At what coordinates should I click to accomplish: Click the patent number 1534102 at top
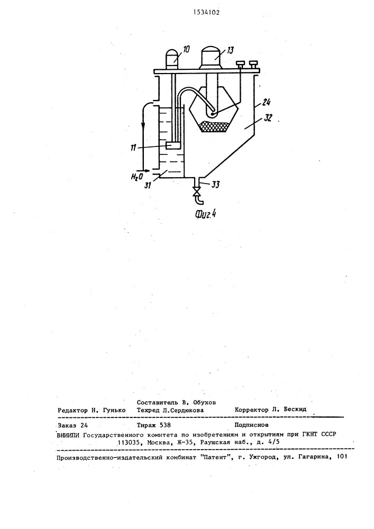206,13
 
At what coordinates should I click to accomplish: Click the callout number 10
186,49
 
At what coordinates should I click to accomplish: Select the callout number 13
230,50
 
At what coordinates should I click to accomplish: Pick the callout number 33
216,185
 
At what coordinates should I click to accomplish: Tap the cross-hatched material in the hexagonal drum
214,126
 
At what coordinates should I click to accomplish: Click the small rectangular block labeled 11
174,145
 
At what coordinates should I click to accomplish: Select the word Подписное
252,425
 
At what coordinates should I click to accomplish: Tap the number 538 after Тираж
165,425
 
